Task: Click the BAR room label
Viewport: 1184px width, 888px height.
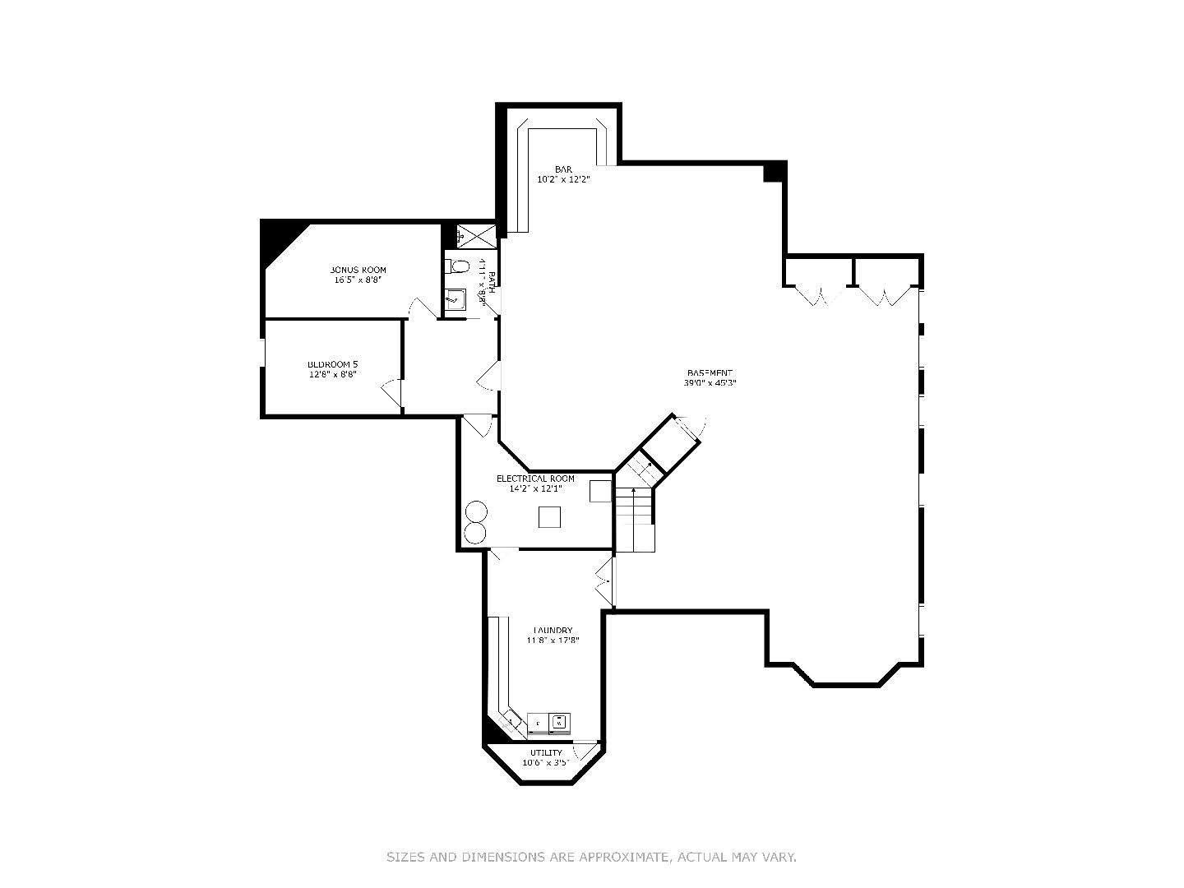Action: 563,169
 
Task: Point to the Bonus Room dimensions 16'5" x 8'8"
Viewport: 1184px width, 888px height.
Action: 358,280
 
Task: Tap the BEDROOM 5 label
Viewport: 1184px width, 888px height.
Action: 332,364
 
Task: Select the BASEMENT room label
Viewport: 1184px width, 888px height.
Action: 708,372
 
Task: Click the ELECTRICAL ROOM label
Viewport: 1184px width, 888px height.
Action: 535,479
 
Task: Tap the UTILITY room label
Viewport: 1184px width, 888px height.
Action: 546,752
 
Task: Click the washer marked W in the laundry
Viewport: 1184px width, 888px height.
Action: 560,722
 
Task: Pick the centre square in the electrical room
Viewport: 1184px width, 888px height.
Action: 549,517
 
